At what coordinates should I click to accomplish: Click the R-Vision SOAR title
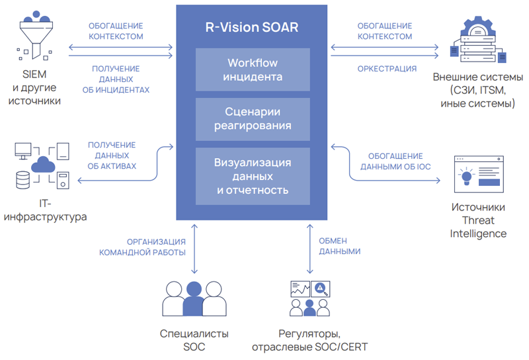251,27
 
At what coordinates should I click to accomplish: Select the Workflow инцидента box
253,69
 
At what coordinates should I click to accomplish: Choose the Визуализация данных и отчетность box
253,175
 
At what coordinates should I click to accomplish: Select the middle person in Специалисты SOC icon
193,299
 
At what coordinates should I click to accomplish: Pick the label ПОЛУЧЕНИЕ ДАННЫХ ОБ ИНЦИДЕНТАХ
116,79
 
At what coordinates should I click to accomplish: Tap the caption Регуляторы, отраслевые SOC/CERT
309,340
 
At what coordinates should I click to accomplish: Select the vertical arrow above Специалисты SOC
194,248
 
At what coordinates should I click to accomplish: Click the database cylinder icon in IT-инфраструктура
23,179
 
